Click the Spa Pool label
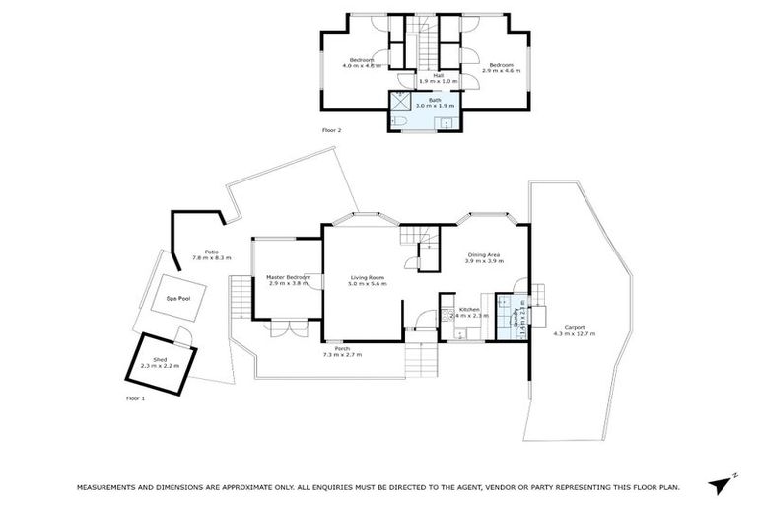[x=177, y=297]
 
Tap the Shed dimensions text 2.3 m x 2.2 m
[x=160, y=365]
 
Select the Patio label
[x=211, y=252]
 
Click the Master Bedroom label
[x=288, y=277]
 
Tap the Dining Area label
[x=485, y=255]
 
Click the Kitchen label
[x=469, y=310]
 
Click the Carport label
[x=574, y=327]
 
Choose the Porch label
[x=342, y=348]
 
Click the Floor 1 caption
[x=135, y=398]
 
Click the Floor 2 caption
[x=331, y=130]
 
